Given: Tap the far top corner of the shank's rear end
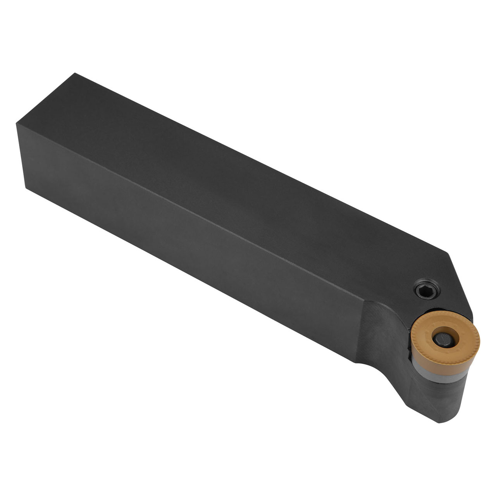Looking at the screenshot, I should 75,73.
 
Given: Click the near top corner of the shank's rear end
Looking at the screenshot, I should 17,124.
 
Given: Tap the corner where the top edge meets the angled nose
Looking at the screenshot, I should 448,254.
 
